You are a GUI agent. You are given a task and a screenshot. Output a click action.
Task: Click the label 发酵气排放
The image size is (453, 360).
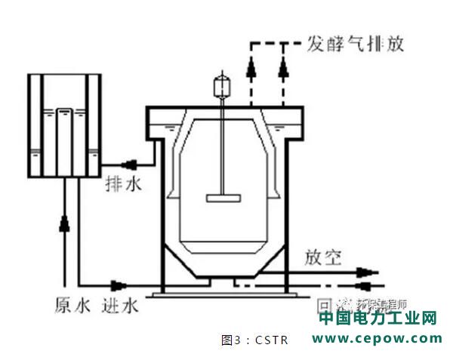tap(355, 42)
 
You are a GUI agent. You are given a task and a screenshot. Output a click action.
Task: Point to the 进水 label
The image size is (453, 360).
tap(119, 306)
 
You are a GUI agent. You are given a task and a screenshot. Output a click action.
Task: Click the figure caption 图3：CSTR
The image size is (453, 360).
tap(254, 340)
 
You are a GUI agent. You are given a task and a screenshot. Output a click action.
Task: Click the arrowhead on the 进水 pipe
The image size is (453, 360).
tap(119, 285)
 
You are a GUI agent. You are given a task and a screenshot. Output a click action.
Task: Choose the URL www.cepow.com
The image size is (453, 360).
tap(377, 339)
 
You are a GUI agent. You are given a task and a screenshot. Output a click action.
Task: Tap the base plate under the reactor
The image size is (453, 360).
tap(223, 291)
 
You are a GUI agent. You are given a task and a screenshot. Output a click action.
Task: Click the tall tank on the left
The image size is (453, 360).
tap(64, 125)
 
